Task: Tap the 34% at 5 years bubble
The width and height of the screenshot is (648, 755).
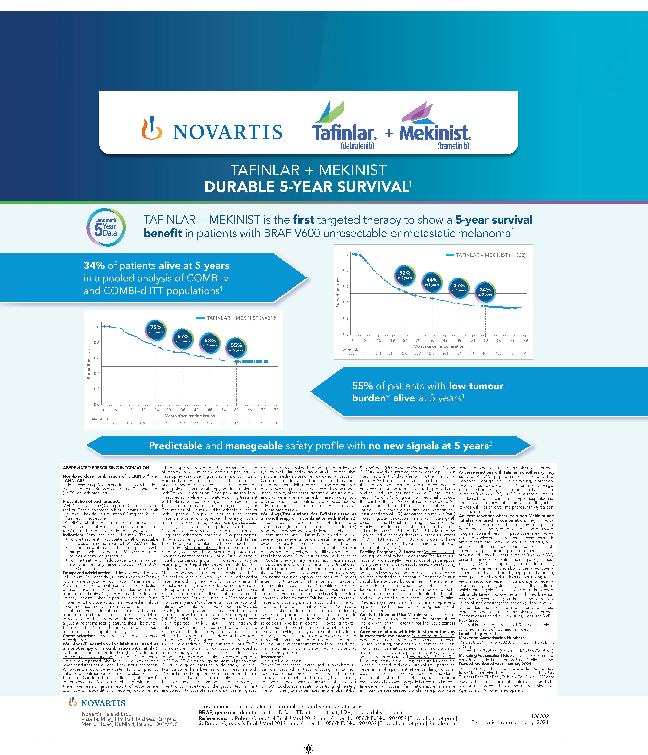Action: (x=485, y=291)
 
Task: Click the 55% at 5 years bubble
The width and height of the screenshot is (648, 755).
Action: (x=236, y=347)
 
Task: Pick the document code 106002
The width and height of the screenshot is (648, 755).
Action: (x=540, y=716)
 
